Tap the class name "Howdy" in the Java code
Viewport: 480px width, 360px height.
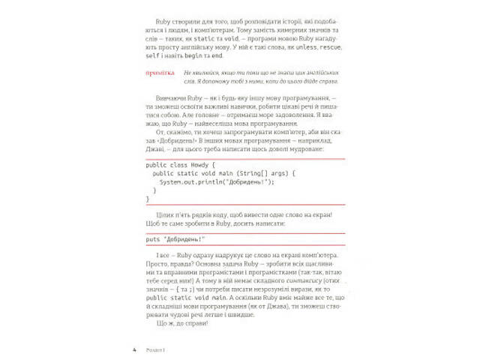click(x=200, y=164)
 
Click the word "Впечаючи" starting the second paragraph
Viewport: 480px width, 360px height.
click(x=169, y=99)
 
